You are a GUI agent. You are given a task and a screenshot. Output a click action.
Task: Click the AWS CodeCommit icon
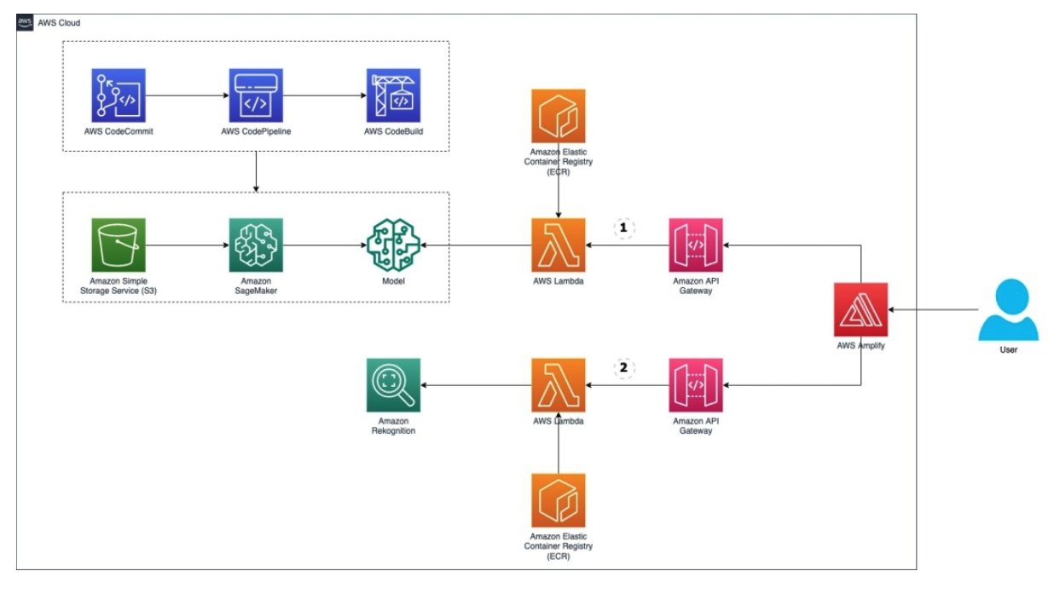click(x=119, y=96)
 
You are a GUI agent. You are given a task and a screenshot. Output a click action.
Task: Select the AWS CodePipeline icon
click(x=256, y=96)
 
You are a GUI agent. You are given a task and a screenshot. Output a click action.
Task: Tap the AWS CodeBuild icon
click(x=393, y=96)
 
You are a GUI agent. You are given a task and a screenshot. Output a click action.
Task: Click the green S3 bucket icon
click(x=119, y=245)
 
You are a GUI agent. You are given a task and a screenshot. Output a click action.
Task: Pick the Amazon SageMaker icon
click(x=256, y=245)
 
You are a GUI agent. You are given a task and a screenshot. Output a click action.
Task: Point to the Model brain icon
click(x=393, y=245)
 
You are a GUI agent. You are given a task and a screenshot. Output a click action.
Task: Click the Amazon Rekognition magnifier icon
click(x=393, y=384)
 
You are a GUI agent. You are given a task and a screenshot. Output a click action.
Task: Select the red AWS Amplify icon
click(x=861, y=309)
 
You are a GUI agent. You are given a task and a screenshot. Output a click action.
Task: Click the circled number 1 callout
click(x=623, y=228)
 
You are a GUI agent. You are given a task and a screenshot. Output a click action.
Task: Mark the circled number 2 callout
click(x=623, y=368)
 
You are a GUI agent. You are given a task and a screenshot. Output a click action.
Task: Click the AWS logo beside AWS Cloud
click(x=26, y=22)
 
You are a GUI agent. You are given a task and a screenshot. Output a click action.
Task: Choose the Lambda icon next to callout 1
click(x=558, y=245)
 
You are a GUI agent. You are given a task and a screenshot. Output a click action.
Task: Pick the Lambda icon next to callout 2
click(x=558, y=384)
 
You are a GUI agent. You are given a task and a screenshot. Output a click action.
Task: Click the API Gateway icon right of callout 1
click(x=696, y=245)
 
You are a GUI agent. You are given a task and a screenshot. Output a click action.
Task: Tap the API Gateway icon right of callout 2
click(x=696, y=384)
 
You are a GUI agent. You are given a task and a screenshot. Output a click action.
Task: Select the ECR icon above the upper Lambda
click(x=558, y=116)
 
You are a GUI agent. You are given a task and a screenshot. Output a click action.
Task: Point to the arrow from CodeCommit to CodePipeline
click(x=187, y=96)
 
